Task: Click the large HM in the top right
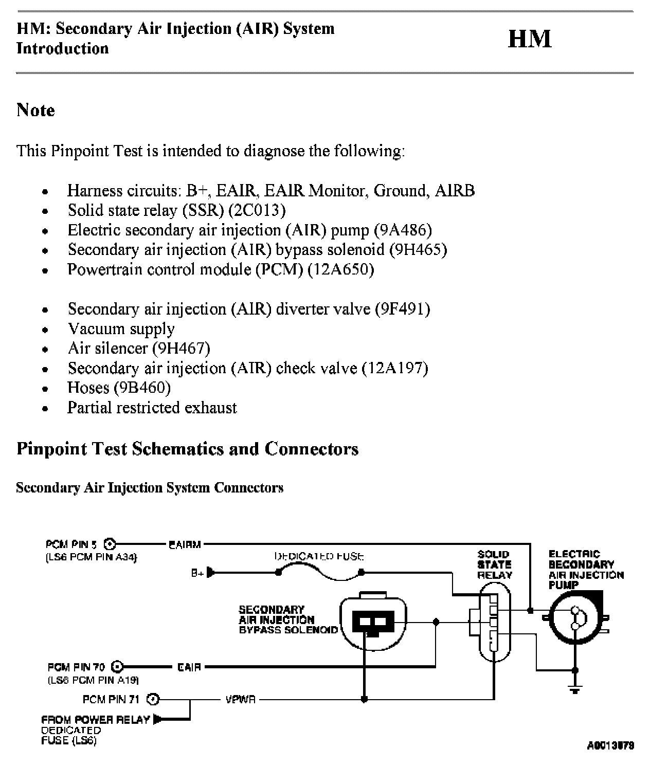[529, 39]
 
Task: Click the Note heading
[35, 110]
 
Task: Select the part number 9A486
[403, 230]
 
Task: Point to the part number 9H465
[418, 249]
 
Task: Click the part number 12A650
[340, 269]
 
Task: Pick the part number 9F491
[402, 309]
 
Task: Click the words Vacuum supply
[121, 329]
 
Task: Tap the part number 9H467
[182, 348]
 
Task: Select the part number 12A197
[395, 368]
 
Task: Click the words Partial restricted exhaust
[152, 408]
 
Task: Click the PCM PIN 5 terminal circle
[110, 544]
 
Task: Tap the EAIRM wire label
[185, 544]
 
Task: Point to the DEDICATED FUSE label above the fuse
[319, 556]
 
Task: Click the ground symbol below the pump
[575, 689]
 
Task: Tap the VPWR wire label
[240, 700]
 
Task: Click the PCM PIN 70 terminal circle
[117, 667]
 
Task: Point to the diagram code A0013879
[610, 745]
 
